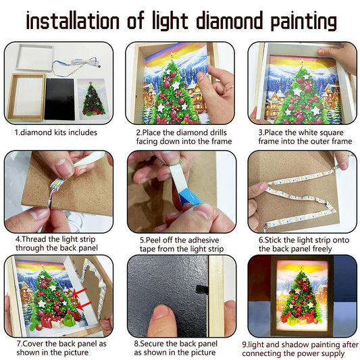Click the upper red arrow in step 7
click(x=83, y=292)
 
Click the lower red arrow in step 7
click(x=83, y=307)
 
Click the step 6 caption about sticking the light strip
click(x=301, y=243)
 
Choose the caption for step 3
click(x=301, y=137)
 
